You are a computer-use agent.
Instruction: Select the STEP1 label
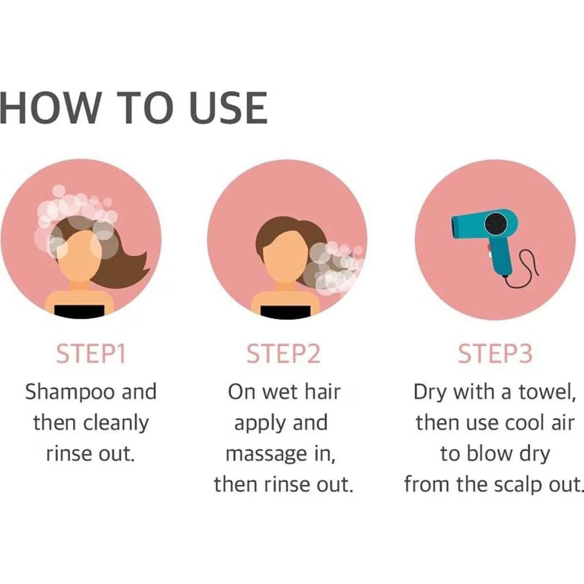(x=91, y=353)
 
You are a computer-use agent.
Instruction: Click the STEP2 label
(x=283, y=353)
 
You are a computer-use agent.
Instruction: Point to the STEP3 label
(x=495, y=353)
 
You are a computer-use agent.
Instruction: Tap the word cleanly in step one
(x=115, y=424)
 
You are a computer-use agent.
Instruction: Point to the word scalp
(x=518, y=485)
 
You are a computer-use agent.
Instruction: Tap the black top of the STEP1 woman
(x=79, y=312)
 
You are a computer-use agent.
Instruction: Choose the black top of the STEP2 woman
(x=286, y=312)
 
